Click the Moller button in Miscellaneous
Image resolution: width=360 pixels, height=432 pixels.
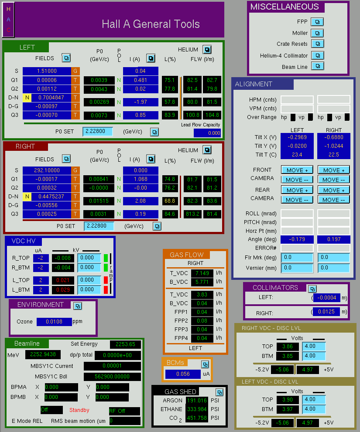coord(317,33)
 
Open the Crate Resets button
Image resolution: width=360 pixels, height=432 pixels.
coord(317,44)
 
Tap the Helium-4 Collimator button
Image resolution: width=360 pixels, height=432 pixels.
coord(317,55)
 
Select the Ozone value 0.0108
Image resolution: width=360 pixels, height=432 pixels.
coord(54,322)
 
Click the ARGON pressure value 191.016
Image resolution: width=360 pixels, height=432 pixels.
coord(197,400)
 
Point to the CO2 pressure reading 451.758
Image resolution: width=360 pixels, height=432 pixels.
coord(197,418)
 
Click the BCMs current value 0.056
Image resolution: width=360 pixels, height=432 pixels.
coord(183,374)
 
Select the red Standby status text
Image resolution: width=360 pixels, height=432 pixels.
coord(79,410)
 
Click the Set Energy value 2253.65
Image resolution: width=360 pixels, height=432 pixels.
coord(125,344)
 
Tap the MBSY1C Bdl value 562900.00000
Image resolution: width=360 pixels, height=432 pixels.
coord(112,376)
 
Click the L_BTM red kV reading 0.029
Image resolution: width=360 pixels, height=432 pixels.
coord(63,290)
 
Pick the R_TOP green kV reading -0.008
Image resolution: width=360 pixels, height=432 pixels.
coord(63,258)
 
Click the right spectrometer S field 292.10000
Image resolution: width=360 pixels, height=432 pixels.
coord(47,170)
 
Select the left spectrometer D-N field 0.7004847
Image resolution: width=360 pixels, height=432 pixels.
coord(51,98)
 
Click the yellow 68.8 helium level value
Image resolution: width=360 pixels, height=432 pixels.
coord(170,201)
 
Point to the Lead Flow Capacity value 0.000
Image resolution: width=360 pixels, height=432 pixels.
coord(207,133)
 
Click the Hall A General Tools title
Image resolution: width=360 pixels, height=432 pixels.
coord(151,24)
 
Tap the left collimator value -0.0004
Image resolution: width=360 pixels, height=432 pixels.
coord(327,298)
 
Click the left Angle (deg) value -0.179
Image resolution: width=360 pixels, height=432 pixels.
coord(297,239)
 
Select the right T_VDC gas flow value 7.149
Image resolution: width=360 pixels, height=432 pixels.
coord(202,273)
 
